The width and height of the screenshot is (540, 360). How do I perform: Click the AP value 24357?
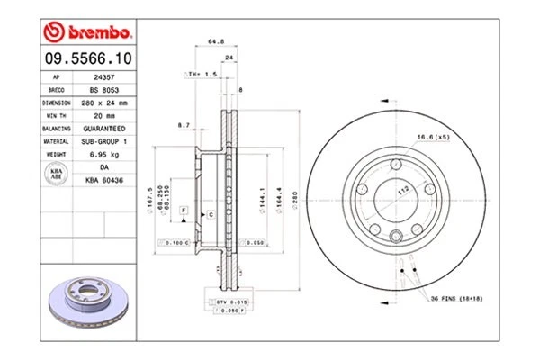104,78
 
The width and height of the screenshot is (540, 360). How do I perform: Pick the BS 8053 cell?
104,91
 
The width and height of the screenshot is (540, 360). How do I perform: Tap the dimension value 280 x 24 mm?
104,103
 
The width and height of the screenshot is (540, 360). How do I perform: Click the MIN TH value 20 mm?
104,116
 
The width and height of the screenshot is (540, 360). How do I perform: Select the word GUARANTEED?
104,129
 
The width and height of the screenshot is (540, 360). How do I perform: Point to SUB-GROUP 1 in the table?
104,141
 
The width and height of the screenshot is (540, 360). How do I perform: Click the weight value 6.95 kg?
104,154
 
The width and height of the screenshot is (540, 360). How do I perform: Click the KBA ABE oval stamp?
55,174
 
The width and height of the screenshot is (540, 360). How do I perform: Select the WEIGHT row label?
55,154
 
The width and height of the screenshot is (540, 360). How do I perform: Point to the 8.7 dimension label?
184,125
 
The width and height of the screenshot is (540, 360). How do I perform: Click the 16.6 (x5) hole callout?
432,137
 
